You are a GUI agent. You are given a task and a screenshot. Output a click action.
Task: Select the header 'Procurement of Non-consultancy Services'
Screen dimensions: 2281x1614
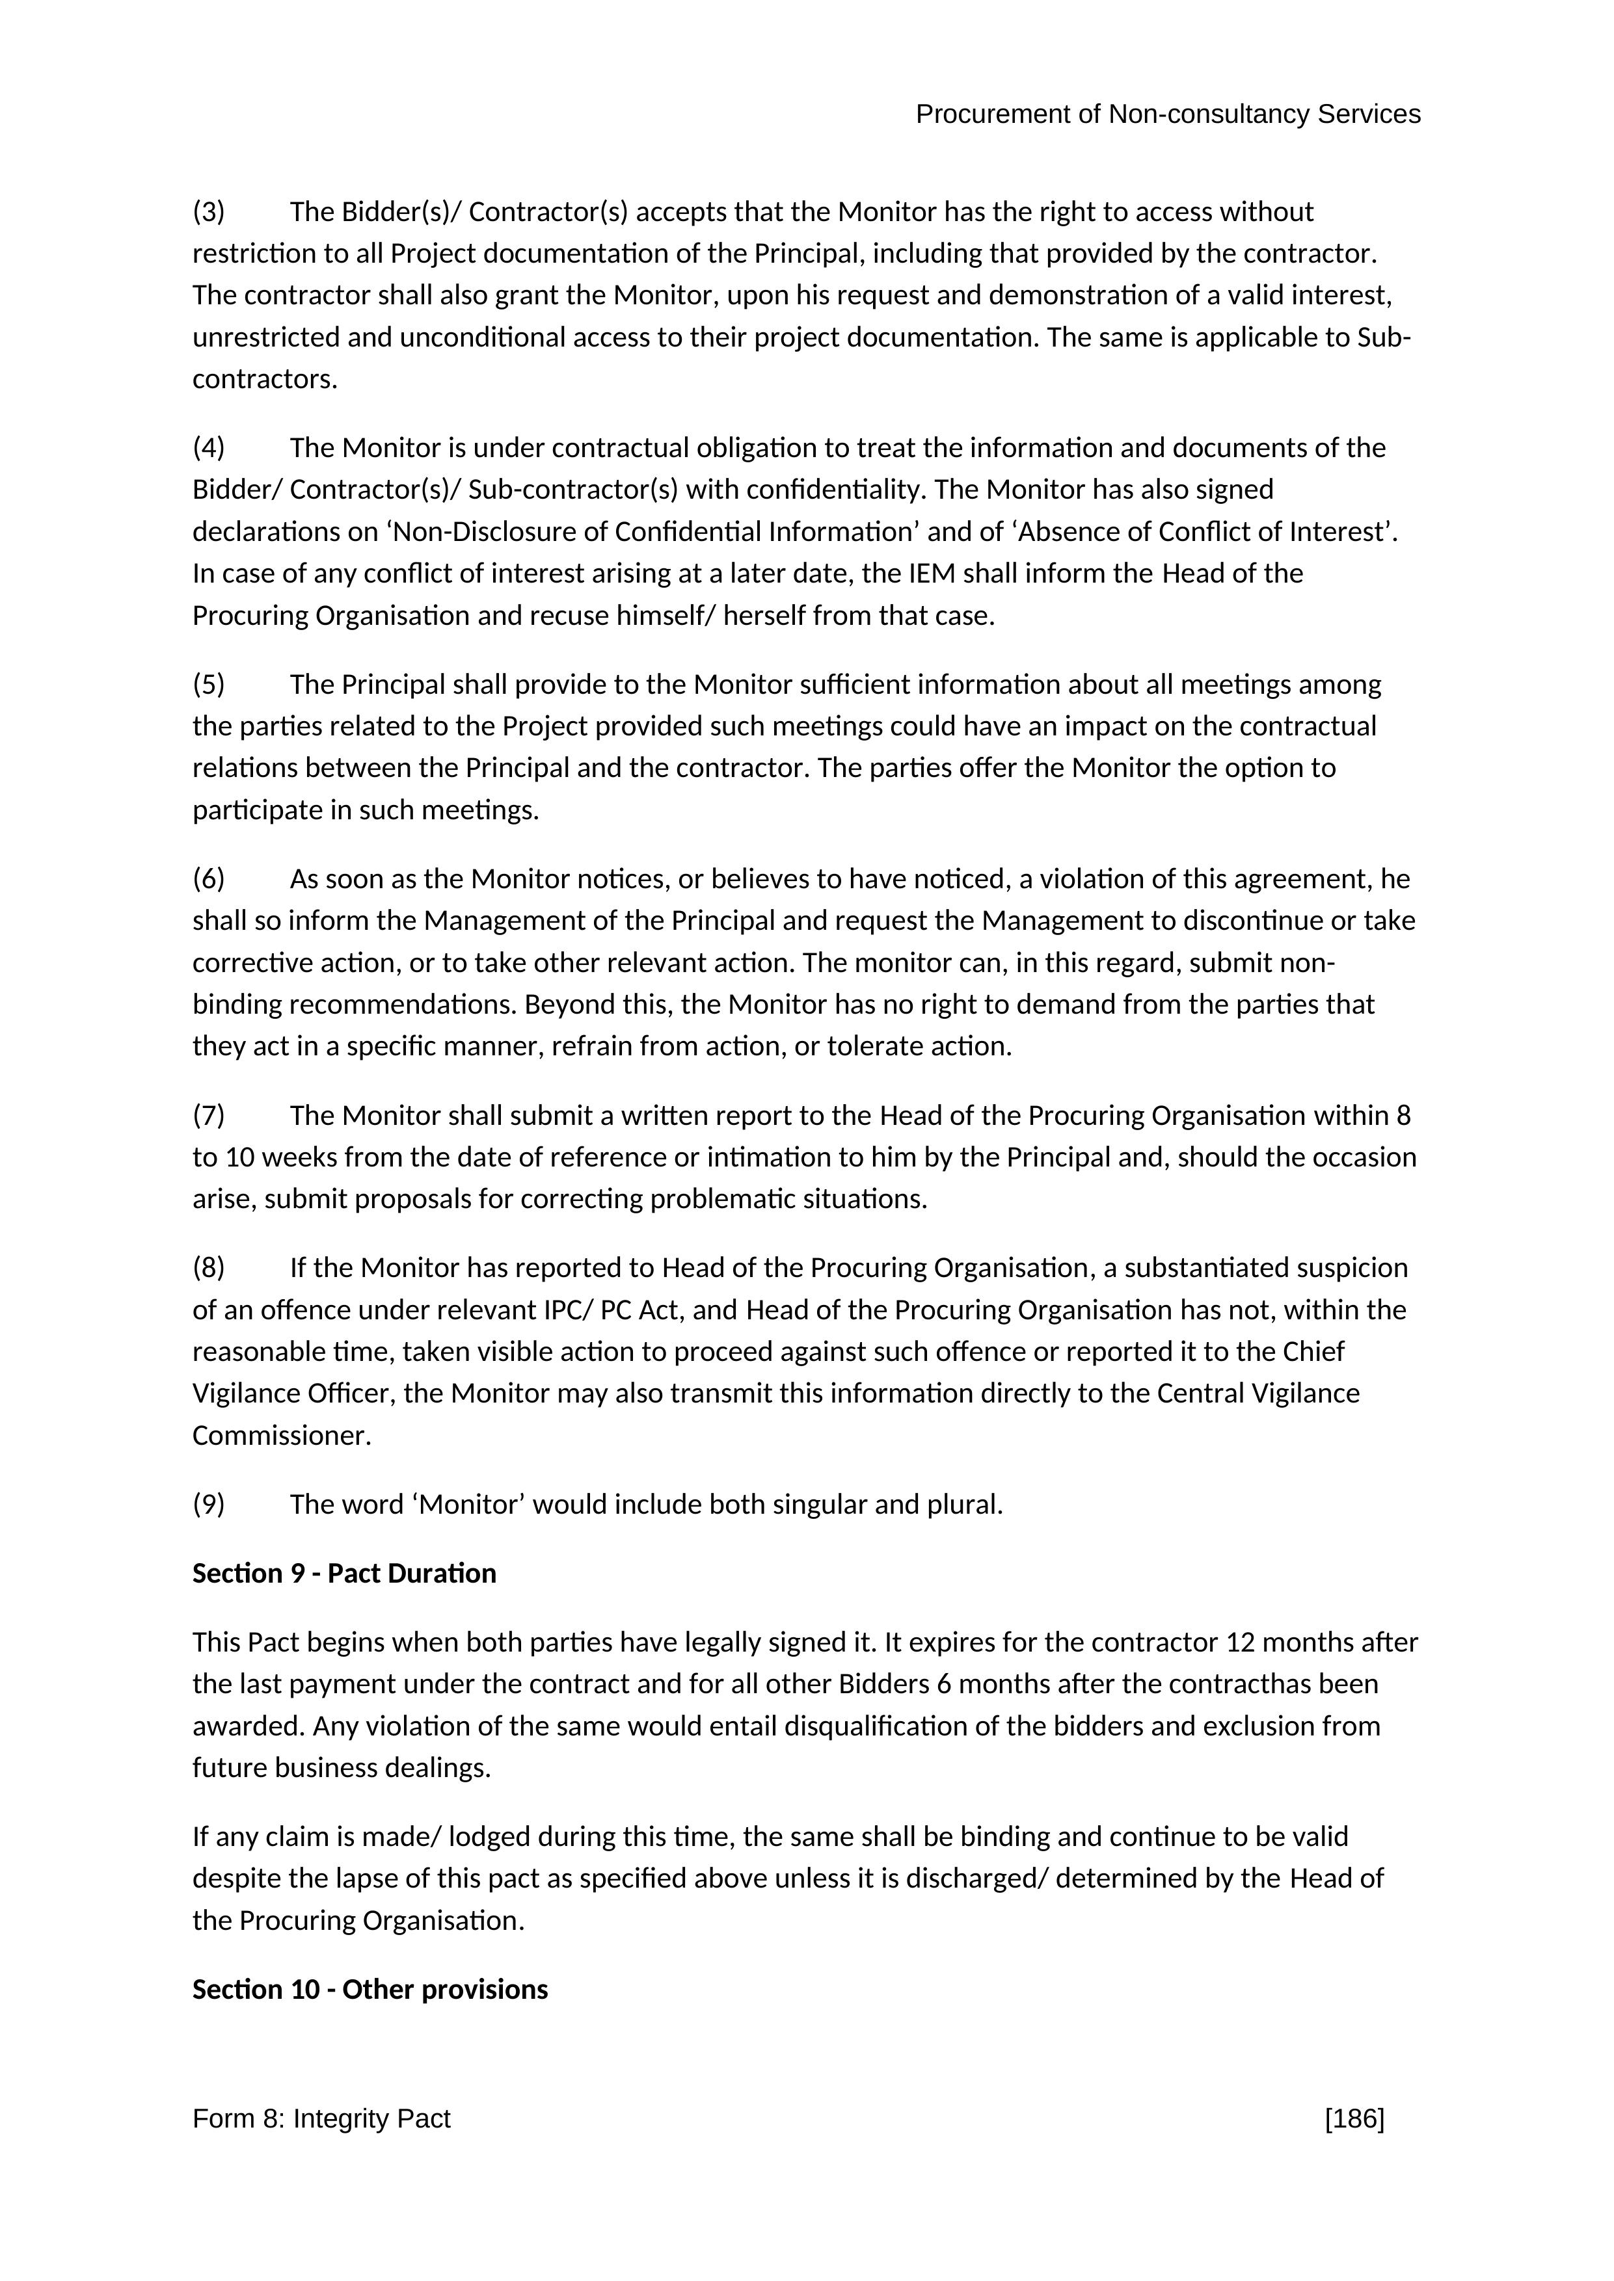(x=1168, y=114)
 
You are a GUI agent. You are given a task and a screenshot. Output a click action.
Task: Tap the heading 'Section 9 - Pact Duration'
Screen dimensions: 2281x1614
(x=344, y=1573)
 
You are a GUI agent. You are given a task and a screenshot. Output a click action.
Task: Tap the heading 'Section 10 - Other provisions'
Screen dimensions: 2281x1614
(x=370, y=1989)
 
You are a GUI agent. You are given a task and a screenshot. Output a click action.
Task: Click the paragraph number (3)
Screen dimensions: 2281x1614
(x=209, y=211)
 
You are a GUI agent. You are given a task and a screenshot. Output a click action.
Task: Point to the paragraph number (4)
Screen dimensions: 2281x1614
(x=209, y=448)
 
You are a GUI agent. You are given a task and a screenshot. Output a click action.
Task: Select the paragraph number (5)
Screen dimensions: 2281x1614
(x=209, y=685)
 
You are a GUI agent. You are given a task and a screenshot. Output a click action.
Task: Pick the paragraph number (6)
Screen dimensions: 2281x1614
(x=209, y=879)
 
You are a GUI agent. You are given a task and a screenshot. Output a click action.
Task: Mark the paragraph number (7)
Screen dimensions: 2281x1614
(x=209, y=1116)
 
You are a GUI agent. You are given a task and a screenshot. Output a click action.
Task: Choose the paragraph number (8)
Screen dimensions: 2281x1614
(x=209, y=1268)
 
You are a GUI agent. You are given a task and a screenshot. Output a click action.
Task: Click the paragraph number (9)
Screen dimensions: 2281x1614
(x=209, y=1504)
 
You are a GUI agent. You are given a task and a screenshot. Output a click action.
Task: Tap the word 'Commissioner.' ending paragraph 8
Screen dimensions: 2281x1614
(x=281, y=1436)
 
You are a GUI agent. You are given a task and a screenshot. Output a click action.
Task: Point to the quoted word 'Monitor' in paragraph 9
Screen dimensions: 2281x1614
(x=472, y=1504)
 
